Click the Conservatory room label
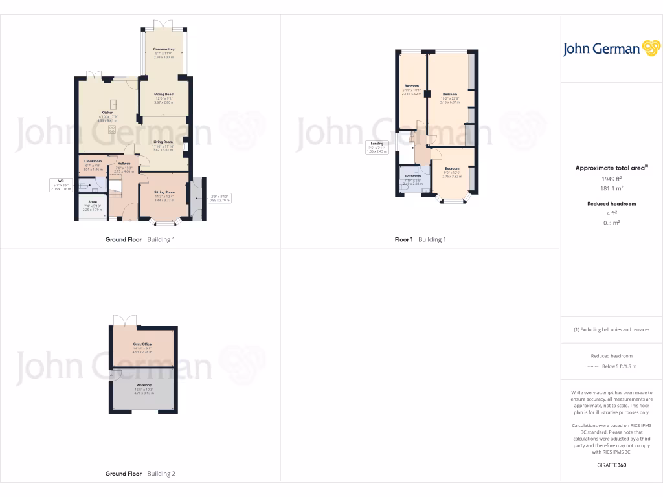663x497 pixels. (x=164, y=50)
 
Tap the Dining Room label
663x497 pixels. (x=164, y=94)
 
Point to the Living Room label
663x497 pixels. (x=163, y=142)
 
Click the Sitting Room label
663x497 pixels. (x=164, y=192)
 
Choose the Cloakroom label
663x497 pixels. (x=93, y=161)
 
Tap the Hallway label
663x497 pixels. (x=124, y=163)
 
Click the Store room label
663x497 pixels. (x=93, y=201)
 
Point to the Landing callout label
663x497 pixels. (x=377, y=144)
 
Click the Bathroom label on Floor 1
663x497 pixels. (x=413, y=176)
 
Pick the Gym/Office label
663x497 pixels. (x=142, y=344)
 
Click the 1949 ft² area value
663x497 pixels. (x=612, y=179)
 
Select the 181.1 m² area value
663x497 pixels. (x=612, y=189)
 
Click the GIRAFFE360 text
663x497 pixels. (x=612, y=465)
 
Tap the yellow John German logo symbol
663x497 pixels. (x=650, y=48)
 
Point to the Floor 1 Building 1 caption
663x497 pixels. (x=420, y=239)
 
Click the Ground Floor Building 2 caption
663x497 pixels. (x=140, y=474)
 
